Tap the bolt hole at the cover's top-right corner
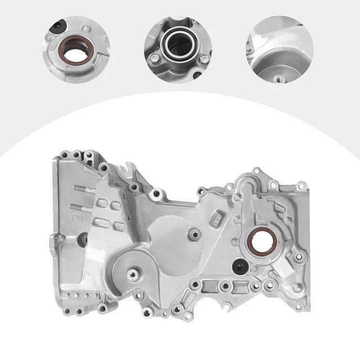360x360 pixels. (302, 185)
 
